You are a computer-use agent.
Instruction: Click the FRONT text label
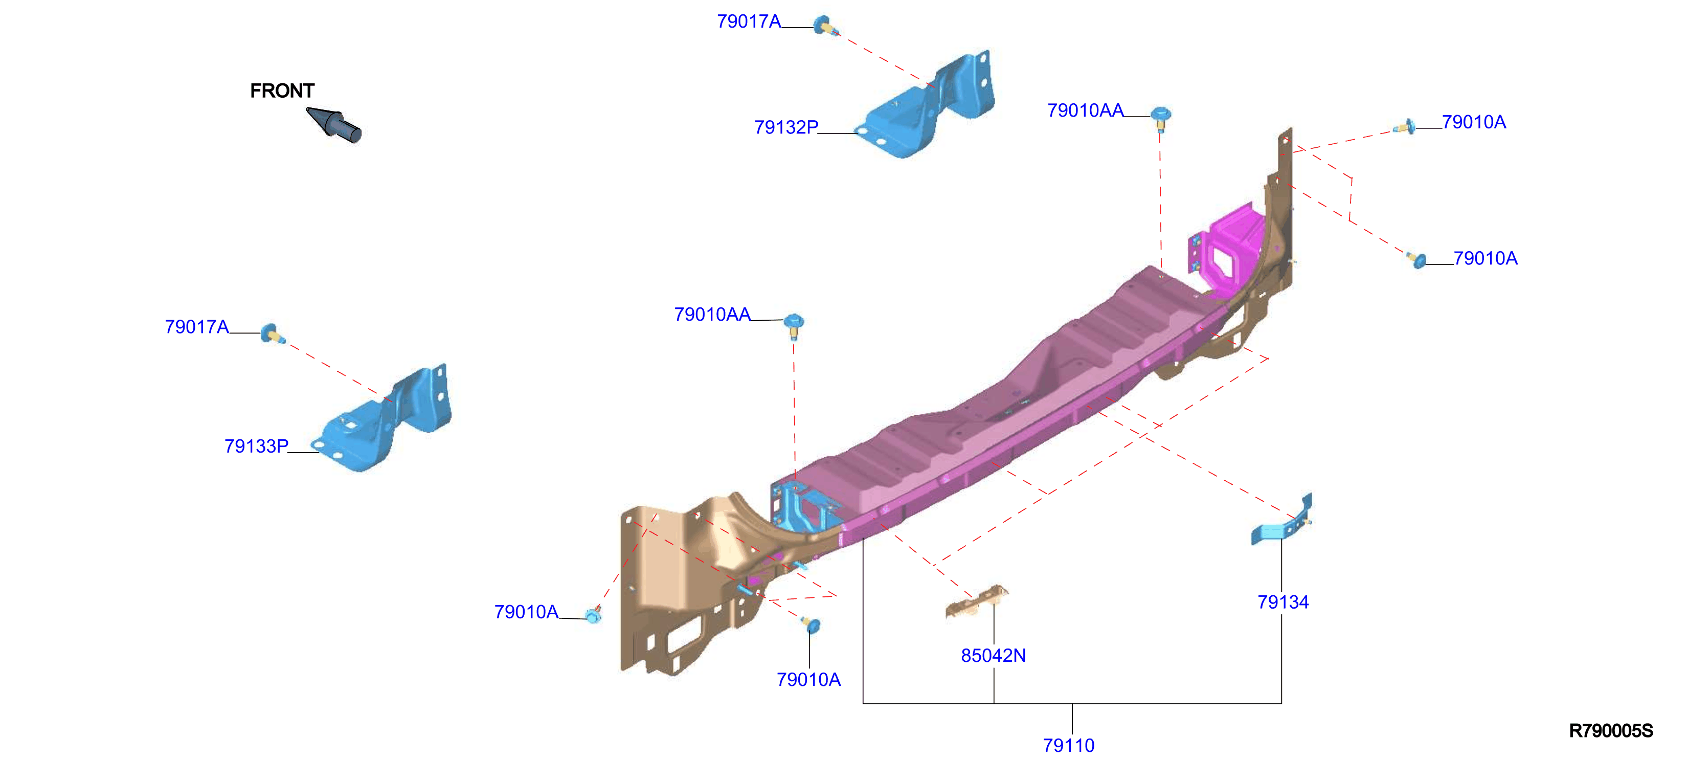[282, 91]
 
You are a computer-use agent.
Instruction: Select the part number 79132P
[785, 127]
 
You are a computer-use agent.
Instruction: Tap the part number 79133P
[256, 447]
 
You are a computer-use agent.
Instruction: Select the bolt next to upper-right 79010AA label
[1160, 119]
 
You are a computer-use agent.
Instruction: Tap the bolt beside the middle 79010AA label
[794, 326]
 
